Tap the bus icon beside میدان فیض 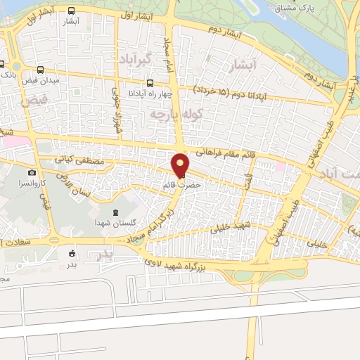[40, 70]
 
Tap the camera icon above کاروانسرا [32, 172]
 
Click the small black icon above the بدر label [72, 253]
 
